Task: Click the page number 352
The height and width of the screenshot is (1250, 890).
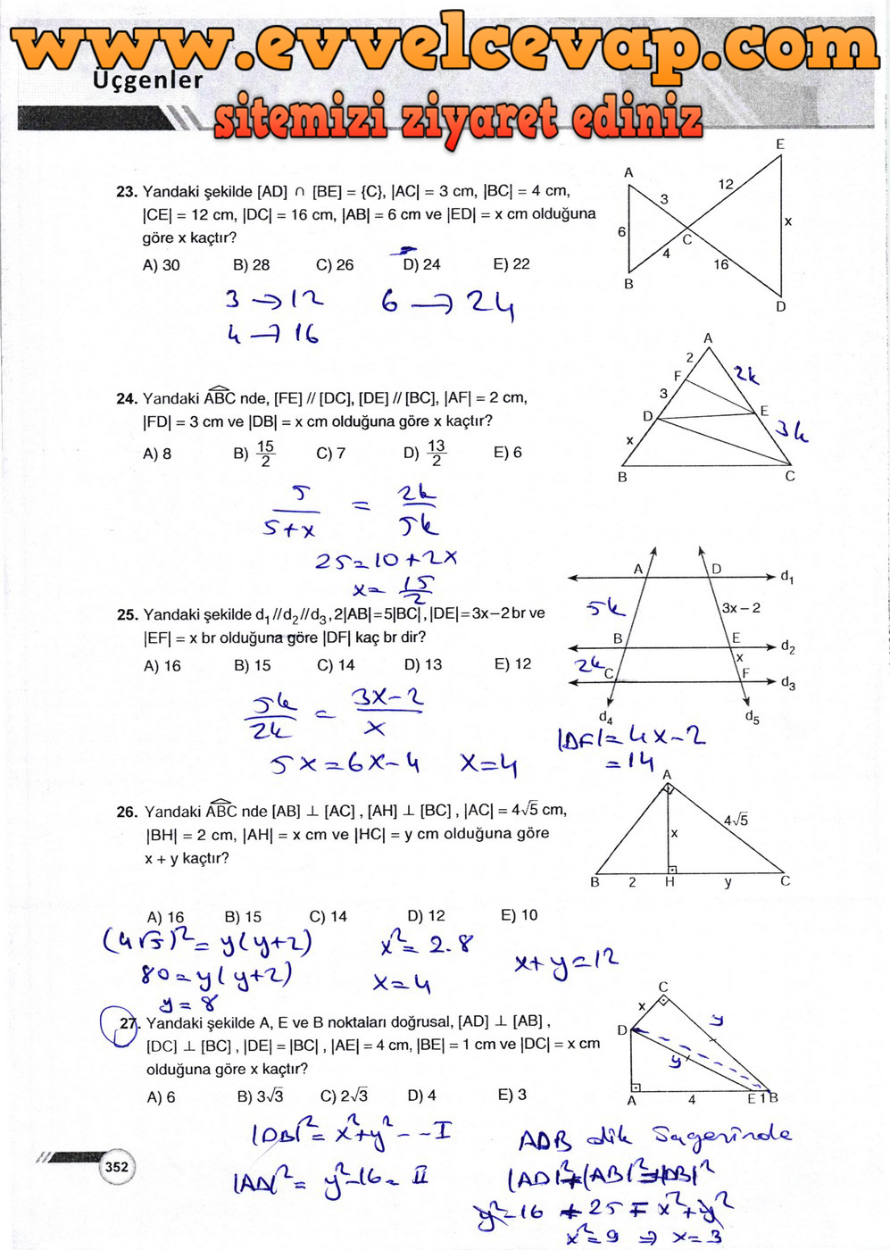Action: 116,1166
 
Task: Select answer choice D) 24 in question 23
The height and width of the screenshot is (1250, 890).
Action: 421,264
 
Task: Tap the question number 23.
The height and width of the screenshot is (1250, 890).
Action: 127,191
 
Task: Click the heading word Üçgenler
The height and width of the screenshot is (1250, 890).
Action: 148,80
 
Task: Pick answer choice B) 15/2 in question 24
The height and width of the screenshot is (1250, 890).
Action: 254,453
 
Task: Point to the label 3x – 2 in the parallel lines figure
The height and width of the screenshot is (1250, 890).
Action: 741,608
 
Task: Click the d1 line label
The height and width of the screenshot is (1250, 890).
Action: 786,577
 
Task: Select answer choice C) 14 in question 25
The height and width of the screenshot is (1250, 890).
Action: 336,665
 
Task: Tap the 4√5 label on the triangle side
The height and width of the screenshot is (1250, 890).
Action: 736,820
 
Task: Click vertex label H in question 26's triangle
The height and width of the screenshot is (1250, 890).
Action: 670,882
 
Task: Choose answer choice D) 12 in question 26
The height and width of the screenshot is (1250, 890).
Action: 426,916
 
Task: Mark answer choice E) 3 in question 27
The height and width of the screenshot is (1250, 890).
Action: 512,1096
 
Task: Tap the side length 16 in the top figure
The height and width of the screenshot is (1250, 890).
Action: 720,264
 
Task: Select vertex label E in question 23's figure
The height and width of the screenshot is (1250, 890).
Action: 780,145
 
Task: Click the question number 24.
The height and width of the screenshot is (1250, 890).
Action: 127,398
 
